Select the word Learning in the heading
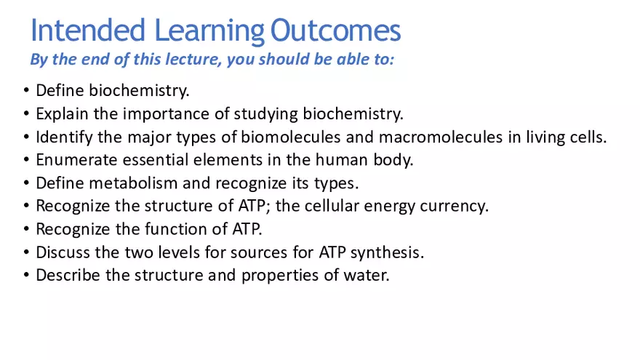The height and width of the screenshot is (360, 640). tap(209, 31)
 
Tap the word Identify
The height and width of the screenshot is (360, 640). tap(63, 137)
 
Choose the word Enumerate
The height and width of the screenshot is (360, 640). tap(71, 160)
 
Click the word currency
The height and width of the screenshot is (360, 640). tap(458, 206)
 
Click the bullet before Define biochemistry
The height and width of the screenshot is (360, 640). tap(26, 91)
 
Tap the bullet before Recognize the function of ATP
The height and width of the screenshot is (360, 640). tap(26, 229)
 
